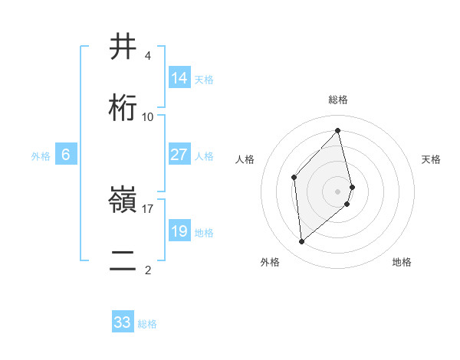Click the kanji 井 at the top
123,48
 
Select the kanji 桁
123,108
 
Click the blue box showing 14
179,78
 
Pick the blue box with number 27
179,155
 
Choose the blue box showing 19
179,231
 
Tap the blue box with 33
123,322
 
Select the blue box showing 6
66,155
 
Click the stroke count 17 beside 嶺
148,208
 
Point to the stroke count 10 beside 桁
148,116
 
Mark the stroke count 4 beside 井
148,56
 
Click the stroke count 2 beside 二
148,270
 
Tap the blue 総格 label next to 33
147,324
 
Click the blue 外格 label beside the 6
41,156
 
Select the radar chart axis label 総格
338,100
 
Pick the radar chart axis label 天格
431,159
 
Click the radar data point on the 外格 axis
302,242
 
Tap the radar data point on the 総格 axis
338,130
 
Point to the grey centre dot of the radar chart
338,190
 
